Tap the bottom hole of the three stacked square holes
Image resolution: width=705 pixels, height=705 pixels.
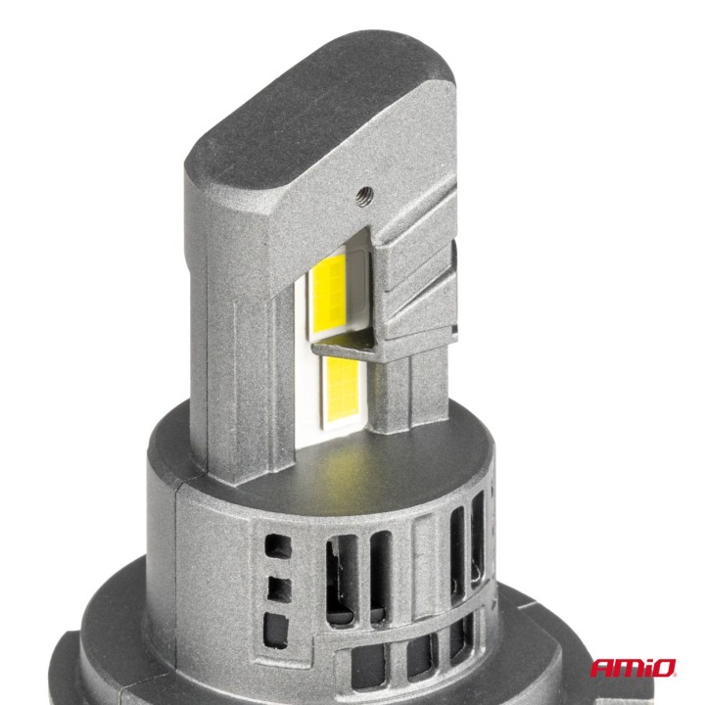coord(276,624)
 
